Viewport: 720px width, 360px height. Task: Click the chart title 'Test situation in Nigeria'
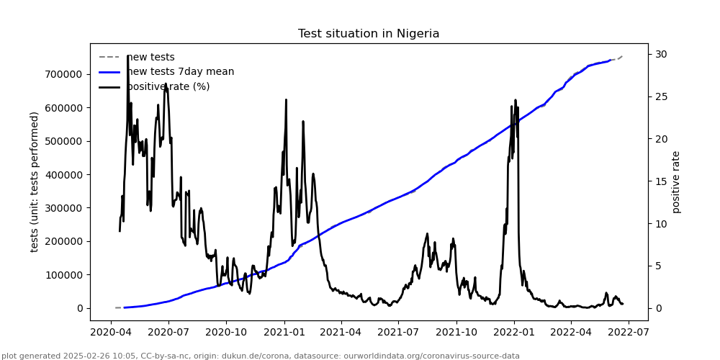coord(369,34)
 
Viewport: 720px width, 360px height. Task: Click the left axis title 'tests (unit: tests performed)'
coord(35,181)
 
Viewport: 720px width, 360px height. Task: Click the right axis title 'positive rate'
coord(676,181)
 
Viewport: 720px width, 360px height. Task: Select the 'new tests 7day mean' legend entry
coord(180,72)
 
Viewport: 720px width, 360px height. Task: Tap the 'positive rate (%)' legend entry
coord(168,86)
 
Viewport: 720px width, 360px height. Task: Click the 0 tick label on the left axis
coord(80,308)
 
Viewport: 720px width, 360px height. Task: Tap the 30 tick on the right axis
coord(660,54)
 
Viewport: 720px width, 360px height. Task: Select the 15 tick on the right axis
coord(660,181)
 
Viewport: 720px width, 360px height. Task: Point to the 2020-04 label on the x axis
coord(111,333)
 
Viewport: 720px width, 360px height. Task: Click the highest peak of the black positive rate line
coord(127,55)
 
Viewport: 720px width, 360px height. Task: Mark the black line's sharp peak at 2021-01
coord(286,100)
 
